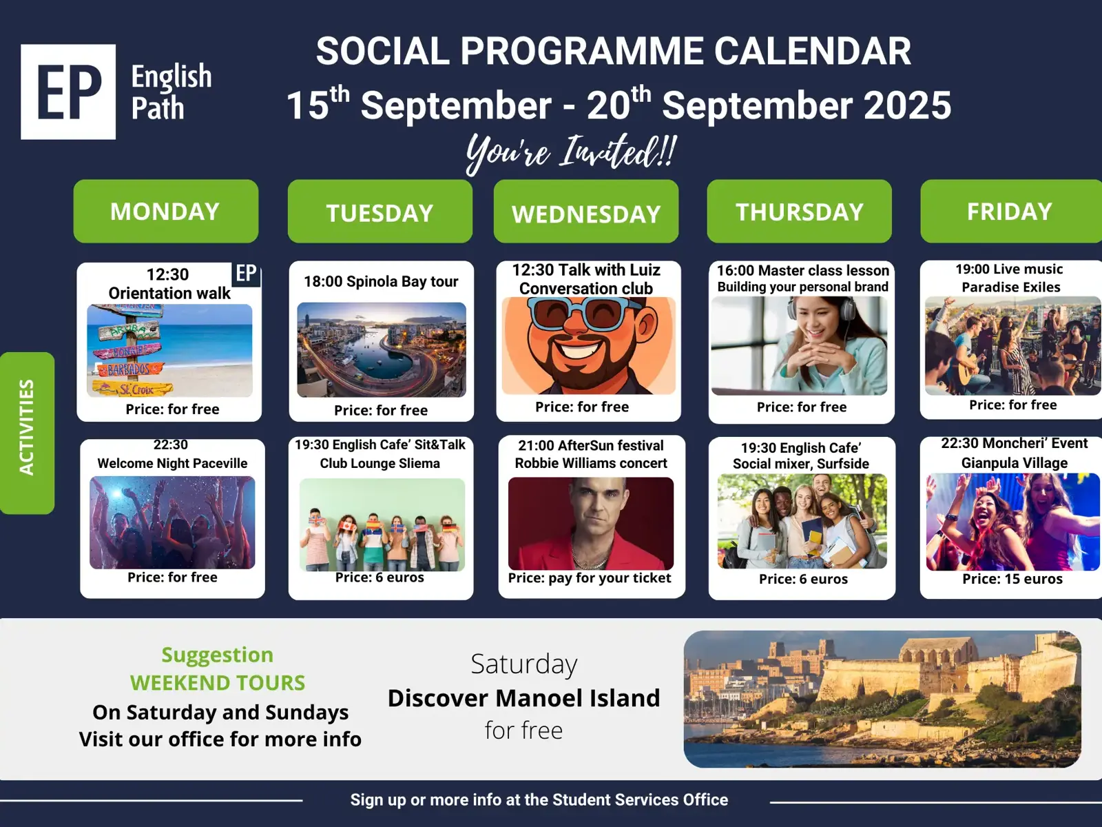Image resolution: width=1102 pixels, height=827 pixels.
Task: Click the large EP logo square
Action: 68,92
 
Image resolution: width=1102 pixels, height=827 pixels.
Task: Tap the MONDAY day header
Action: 166,212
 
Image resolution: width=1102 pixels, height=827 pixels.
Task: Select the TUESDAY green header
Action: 380,212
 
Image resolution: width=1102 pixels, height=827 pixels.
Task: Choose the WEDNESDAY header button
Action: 586,212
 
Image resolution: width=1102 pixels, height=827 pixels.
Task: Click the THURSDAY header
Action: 799,212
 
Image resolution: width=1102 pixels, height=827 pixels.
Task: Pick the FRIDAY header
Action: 1011,212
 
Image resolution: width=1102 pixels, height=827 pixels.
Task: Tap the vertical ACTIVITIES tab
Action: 27,433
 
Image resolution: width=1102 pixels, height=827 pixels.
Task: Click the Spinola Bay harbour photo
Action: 382,349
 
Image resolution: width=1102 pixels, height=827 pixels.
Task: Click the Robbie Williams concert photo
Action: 591,524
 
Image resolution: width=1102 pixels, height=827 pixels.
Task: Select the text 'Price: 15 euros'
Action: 1012,579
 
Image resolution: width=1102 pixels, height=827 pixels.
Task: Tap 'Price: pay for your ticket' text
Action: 590,578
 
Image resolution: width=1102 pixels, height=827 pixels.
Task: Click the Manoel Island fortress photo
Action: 882,699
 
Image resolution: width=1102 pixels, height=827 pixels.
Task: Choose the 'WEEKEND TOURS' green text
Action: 218,683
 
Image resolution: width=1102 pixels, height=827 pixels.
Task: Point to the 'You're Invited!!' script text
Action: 572,153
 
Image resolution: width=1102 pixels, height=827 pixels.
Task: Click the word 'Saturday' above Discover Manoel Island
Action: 524,664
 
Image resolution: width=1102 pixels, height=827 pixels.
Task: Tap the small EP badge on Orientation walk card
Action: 246,274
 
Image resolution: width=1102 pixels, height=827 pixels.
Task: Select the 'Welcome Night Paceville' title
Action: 172,463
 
